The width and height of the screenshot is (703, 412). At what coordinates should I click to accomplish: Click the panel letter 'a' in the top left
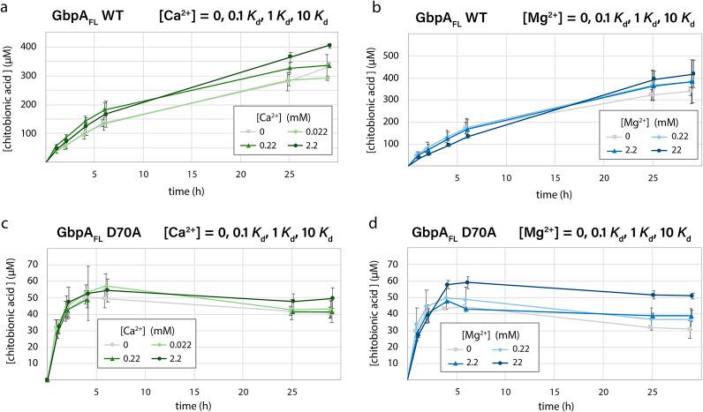coord(6,7)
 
